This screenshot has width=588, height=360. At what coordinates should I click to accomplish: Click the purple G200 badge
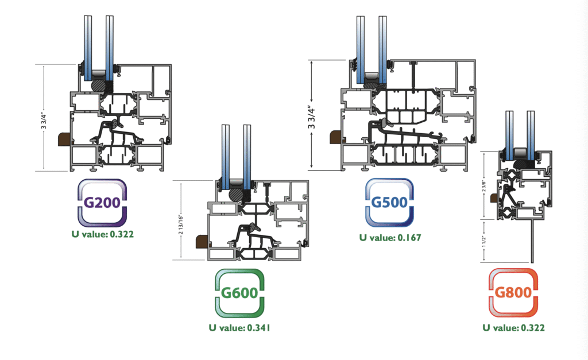102,203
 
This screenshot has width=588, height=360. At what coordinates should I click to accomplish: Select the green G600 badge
239,293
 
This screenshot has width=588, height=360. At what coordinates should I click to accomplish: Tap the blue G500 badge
389,203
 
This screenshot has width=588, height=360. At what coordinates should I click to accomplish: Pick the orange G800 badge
513,292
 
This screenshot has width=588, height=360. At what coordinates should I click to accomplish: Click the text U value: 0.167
390,238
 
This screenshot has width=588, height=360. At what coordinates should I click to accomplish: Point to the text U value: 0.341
239,328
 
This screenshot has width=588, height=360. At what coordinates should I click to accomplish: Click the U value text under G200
102,234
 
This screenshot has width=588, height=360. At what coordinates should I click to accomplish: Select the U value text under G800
513,328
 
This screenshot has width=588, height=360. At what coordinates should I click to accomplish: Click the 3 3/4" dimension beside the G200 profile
44,120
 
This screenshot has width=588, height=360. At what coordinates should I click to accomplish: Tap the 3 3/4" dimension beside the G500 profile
312,117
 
